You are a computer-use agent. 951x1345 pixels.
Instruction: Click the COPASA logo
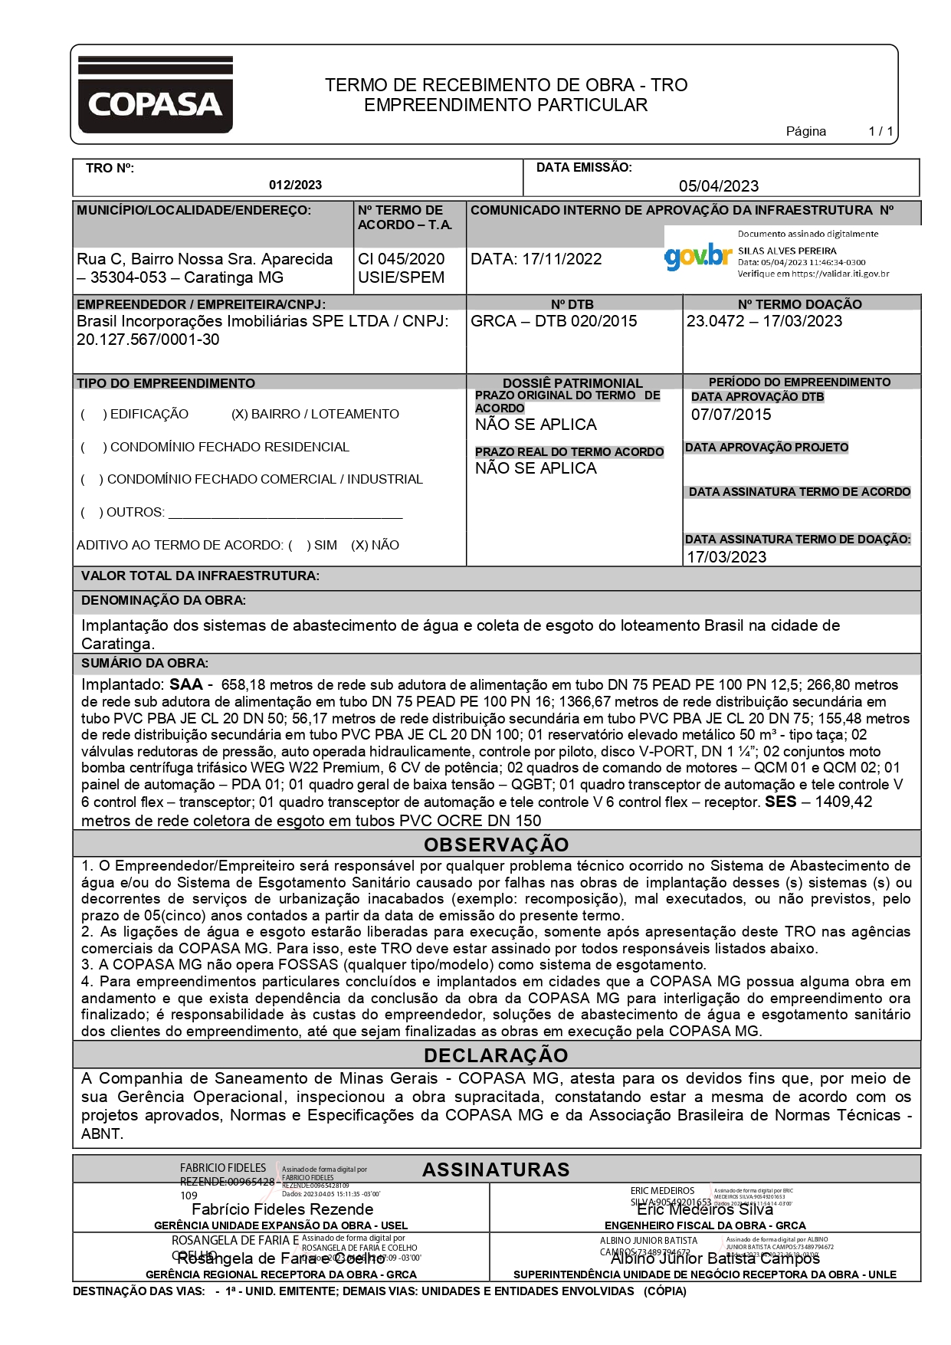(155, 95)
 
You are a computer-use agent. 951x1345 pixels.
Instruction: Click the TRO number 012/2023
(295, 185)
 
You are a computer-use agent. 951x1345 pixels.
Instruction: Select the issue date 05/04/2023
(718, 185)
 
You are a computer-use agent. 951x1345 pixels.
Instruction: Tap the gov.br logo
(697, 257)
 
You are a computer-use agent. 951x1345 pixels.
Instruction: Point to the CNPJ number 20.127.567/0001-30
(148, 340)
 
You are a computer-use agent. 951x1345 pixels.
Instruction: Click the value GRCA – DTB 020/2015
(553, 321)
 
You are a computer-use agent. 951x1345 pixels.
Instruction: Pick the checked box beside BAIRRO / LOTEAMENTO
(239, 415)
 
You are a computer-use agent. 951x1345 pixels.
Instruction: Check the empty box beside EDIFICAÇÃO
(92, 415)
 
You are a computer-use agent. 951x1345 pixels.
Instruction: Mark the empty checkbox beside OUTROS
(90, 513)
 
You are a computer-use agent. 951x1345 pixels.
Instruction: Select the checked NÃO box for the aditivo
(359, 546)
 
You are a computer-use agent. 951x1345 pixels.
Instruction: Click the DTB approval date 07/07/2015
(731, 415)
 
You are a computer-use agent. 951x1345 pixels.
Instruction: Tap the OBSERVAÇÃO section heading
(496, 845)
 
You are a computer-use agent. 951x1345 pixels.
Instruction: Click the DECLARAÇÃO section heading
(496, 1055)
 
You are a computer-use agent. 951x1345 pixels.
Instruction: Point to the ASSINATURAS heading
(496, 1169)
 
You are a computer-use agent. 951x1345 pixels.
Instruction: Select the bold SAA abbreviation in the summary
(186, 684)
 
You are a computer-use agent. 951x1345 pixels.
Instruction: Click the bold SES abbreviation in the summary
(780, 802)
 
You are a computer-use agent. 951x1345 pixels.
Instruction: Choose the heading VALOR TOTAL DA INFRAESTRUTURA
(200, 576)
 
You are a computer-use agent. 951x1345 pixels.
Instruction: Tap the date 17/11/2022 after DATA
(562, 259)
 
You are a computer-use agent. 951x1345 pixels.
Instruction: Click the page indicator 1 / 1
(880, 131)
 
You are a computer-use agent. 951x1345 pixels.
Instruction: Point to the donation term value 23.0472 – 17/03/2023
(764, 321)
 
